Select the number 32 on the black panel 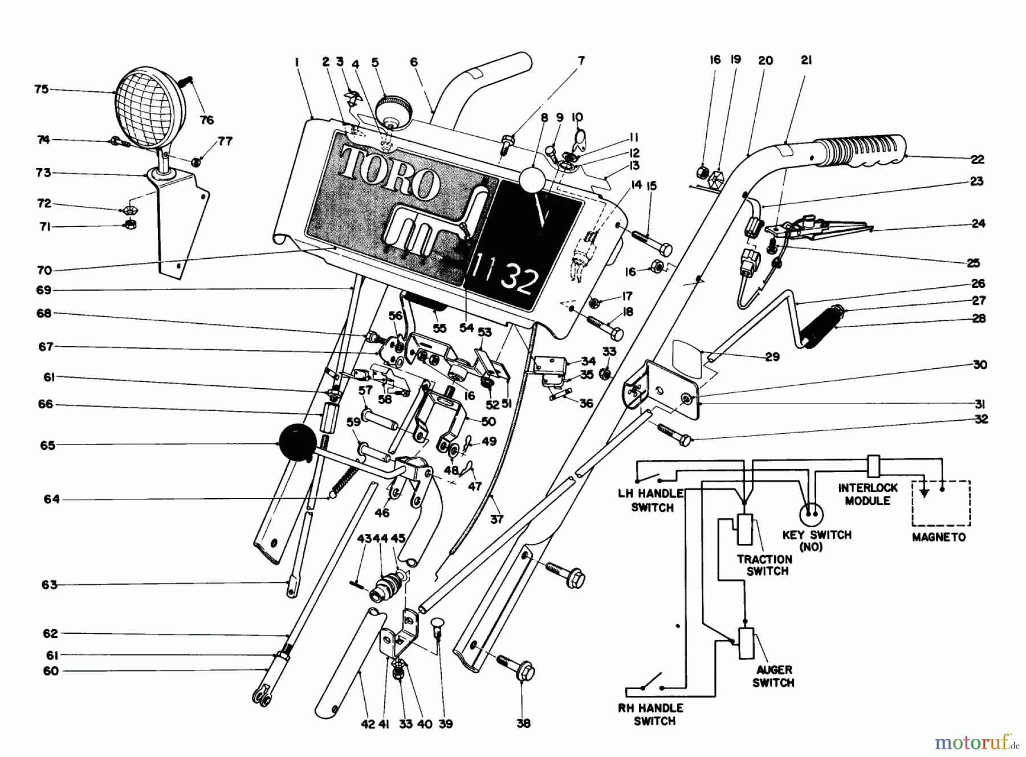tap(519, 278)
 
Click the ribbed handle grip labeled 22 tap(861, 151)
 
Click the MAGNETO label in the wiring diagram tap(939, 537)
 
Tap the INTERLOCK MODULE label tap(868, 494)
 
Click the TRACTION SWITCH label tap(764, 565)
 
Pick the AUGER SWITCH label tap(773, 676)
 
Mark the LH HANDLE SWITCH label tap(652, 500)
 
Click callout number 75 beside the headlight tap(42, 89)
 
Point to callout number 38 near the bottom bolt tap(523, 723)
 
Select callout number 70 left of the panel tap(44, 271)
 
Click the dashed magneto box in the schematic tap(941, 503)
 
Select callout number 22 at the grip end tap(978, 159)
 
